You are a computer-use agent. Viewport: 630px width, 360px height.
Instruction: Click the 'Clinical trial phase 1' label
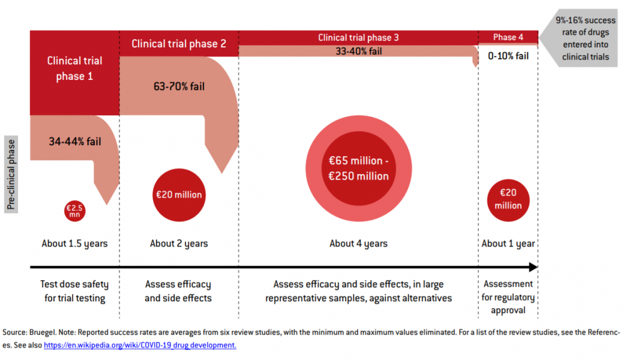point(75,68)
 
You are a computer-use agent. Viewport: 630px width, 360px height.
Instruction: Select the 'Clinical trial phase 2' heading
point(179,43)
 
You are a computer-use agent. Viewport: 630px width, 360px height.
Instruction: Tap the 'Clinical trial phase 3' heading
point(358,38)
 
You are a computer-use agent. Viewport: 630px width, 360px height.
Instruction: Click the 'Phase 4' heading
point(508,37)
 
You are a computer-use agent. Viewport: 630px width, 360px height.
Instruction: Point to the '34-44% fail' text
point(75,142)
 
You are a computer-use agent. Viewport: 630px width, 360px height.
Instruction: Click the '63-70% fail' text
point(179,86)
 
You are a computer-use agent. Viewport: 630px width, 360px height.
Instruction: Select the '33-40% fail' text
point(359,52)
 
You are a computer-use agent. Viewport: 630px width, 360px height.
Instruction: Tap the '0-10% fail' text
point(508,56)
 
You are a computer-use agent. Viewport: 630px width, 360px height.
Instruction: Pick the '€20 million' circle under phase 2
point(179,195)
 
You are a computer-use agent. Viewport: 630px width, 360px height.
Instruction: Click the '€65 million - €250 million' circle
point(359,169)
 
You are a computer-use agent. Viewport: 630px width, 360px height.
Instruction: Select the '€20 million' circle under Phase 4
point(508,199)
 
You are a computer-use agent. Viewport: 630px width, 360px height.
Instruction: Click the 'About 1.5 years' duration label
point(75,244)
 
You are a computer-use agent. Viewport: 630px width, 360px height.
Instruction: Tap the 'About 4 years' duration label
point(359,244)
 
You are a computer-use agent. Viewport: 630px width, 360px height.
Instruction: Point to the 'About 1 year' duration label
point(508,244)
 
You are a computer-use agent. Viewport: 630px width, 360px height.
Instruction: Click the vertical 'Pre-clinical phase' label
point(11,175)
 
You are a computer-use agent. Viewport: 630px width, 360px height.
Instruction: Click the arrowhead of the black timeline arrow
point(533,267)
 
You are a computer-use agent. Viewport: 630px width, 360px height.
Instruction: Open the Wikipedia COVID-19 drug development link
point(140,346)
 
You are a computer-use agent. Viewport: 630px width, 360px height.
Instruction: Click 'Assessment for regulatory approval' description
point(508,297)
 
